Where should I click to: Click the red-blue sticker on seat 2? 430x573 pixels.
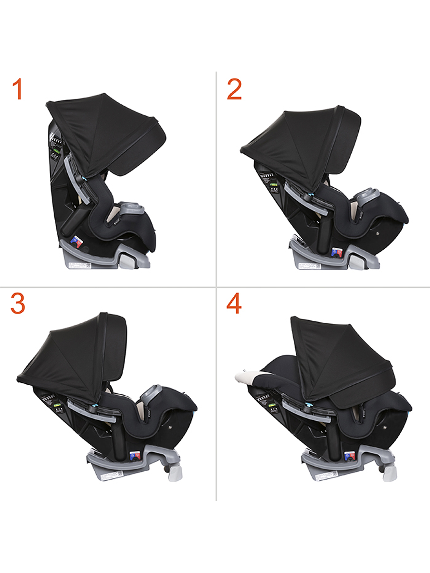[337, 252]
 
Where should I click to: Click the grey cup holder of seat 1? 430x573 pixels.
[130, 208]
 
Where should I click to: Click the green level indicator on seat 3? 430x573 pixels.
[57, 405]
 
